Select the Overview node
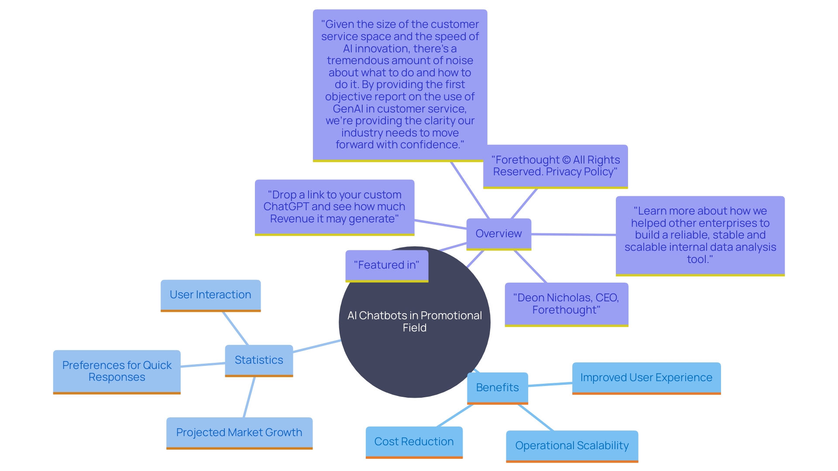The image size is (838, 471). click(x=498, y=234)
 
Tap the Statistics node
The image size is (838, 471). click(x=259, y=360)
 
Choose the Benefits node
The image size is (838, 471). click(x=497, y=388)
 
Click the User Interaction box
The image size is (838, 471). click(x=210, y=295)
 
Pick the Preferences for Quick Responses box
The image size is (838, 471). click(x=117, y=372)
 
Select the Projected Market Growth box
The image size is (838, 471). click(x=239, y=433)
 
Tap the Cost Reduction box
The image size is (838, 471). click(x=414, y=442)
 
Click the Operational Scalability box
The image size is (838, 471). click(x=572, y=446)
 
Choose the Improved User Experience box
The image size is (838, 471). click(x=646, y=378)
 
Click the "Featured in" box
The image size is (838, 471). click(x=387, y=265)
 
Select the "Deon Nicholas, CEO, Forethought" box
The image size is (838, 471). click(x=566, y=304)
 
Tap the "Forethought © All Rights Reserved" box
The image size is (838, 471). click(x=555, y=166)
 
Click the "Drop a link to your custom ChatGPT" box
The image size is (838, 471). click(x=334, y=207)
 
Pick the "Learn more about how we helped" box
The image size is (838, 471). click(x=700, y=235)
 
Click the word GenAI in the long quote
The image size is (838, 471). click(x=348, y=109)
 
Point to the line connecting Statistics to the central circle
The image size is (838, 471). click(x=316, y=346)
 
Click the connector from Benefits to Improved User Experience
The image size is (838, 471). click(x=550, y=385)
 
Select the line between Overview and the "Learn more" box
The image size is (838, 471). click(x=573, y=235)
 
